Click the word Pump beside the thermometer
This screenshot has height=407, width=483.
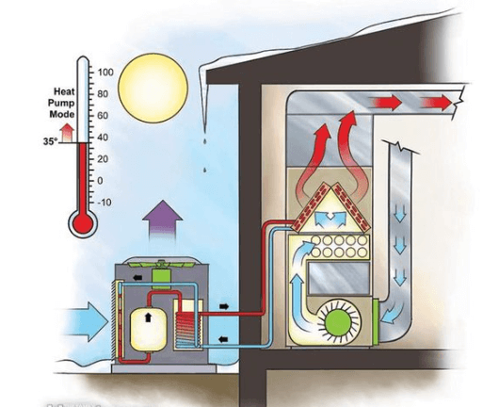pos(56,103)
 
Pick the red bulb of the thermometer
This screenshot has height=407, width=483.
pos(83,222)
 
